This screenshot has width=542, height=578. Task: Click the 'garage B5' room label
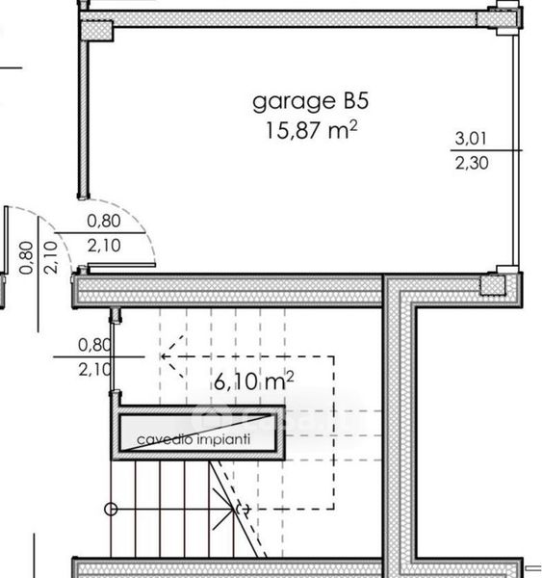tap(310, 102)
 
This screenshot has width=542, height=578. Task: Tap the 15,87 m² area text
tap(311, 129)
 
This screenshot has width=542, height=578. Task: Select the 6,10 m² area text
tap(254, 381)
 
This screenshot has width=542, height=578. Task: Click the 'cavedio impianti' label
tap(194, 439)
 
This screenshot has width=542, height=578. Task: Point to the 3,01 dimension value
tap(471, 139)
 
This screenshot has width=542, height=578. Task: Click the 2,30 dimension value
tap(472, 163)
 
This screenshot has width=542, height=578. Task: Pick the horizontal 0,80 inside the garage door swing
tap(104, 221)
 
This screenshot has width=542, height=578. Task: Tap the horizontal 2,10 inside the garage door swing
tap(104, 245)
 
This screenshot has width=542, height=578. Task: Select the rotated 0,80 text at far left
tap(26, 257)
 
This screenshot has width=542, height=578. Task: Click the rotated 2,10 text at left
tap(50, 257)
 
